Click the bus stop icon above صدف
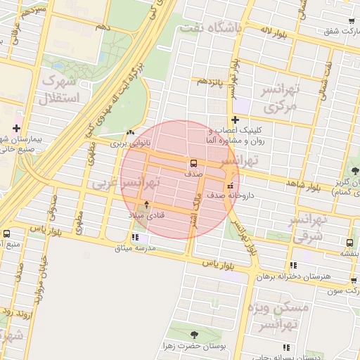pos(193,162)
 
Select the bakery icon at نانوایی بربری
pos(129,132)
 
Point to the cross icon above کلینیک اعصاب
pos(235,120)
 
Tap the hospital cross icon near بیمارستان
pos(17,129)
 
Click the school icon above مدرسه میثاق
pos(136,238)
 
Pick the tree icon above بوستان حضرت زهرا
pos(193,335)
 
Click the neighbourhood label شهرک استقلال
pos(62,89)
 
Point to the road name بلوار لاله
pos(275,30)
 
